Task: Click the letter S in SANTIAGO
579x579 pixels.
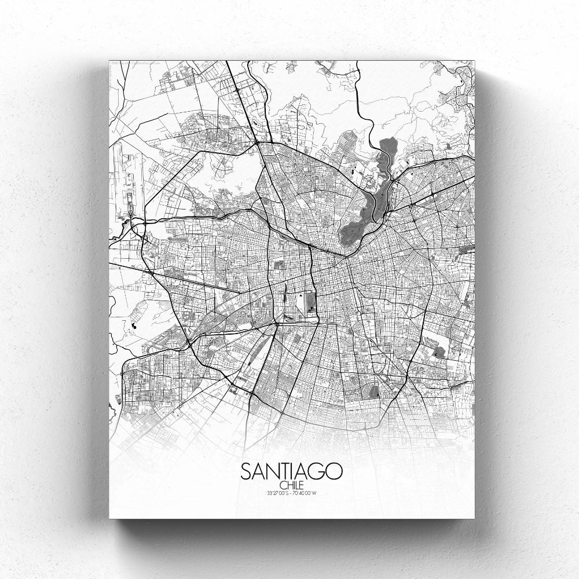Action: (245, 471)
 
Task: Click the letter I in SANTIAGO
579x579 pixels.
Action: (289, 471)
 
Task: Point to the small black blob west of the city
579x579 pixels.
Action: (134, 326)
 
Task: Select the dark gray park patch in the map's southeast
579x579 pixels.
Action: (439, 350)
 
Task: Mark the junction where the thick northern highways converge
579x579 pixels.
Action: (257, 142)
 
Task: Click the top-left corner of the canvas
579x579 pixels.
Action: (109, 60)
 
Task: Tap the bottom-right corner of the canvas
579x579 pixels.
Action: (474, 518)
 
